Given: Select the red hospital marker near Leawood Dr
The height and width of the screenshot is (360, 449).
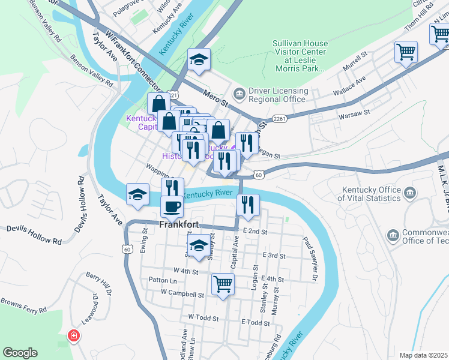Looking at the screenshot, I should point(74,335).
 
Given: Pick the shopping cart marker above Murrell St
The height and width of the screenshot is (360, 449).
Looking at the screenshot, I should point(406,52).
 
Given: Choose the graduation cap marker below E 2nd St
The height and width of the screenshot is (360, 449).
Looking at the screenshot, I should point(199,244).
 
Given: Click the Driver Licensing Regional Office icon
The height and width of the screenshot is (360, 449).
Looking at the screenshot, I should point(240,94).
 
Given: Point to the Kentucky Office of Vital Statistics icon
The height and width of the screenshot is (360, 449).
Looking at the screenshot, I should point(411,193).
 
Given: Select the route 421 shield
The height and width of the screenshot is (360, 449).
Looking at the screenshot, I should point(173,95).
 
